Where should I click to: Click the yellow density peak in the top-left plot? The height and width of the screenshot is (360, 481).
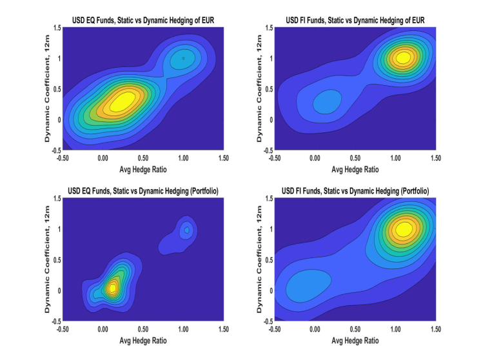(124, 101)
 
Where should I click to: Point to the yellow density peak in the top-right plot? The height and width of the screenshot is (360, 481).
(403, 57)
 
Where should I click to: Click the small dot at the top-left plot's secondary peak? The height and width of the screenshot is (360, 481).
(183, 58)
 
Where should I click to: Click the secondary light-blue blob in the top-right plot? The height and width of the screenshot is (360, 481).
(327, 101)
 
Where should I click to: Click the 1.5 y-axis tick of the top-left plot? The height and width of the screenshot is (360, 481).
(57, 28)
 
